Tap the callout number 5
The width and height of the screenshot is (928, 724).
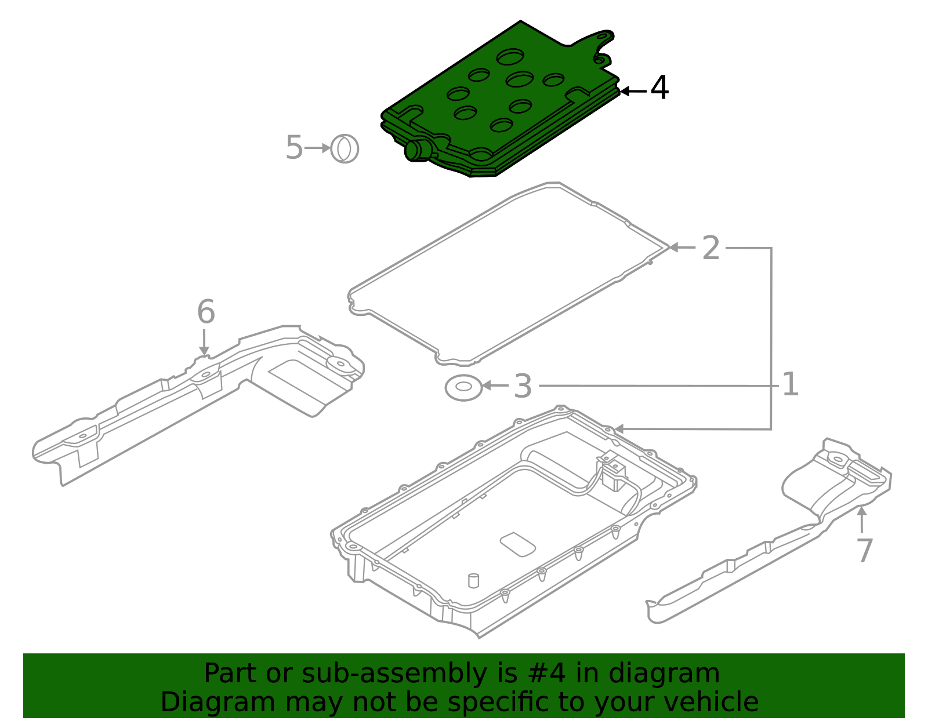point(294,148)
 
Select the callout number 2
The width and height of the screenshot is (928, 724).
point(710,248)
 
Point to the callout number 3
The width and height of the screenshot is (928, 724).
point(523,386)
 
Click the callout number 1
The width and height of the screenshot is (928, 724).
point(790,384)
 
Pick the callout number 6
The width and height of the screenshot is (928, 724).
point(206,311)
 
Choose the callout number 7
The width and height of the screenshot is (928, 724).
point(865,550)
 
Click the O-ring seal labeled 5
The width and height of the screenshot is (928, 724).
point(345,148)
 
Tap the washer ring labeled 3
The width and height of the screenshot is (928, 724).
point(464,387)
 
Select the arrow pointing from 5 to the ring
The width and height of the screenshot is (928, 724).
point(318,148)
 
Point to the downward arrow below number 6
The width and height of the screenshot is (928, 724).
point(204,342)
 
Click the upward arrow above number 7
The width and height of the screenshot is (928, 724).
point(862,519)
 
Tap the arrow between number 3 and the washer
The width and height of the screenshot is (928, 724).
point(495,385)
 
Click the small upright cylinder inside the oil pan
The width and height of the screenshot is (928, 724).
point(474,581)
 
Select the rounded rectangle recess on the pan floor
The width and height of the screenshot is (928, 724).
point(517,544)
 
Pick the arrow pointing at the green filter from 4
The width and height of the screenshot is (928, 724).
point(633,91)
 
